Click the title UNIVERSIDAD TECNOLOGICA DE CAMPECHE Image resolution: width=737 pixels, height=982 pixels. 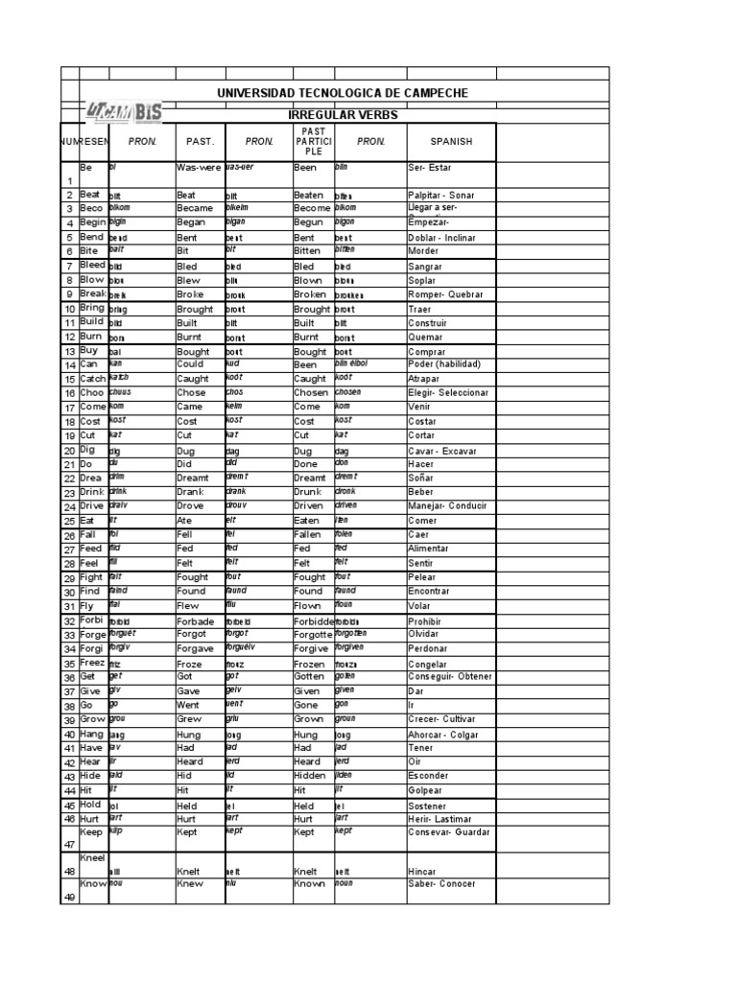coord(343,93)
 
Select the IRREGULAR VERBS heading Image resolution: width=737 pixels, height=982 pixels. coord(343,115)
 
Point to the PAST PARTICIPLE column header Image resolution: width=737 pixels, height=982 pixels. coord(314,141)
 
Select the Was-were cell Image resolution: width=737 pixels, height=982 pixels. coord(199,167)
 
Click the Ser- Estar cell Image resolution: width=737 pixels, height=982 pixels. coord(433,167)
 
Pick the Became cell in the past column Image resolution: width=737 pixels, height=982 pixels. coord(197,207)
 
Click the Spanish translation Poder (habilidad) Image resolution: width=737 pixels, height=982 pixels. coord(444,364)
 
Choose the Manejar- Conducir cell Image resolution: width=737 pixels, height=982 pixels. coord(447,505)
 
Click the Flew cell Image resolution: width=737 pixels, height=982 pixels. coord(190,605)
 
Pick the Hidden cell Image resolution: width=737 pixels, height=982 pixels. coord(310,775)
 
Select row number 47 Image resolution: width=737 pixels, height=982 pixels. coord(68,844)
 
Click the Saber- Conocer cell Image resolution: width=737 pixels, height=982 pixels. coord(441,883)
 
